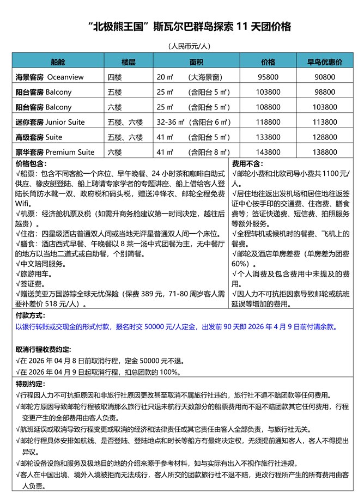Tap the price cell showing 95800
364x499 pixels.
(x=268, y=77)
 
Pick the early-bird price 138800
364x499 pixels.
(x=325, y=152)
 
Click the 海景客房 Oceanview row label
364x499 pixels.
(x=50, y=77)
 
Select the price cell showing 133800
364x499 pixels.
(x=268, y=137)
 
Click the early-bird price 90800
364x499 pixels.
(x=325, y=77)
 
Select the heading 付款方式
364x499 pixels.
(x=31, y=315)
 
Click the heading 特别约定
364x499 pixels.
(x=31, y=384)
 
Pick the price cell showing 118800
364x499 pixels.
(x=268, y=122)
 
